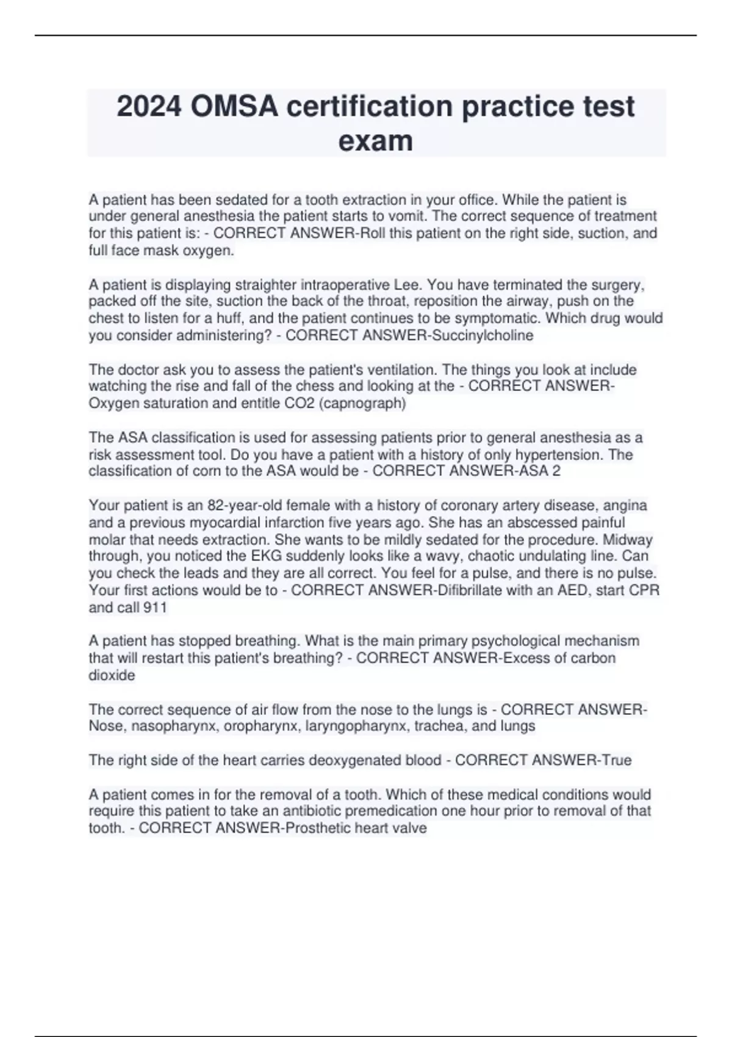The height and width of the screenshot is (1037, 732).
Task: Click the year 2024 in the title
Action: (149, 107)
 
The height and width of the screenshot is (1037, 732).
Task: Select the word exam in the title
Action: (375, 142)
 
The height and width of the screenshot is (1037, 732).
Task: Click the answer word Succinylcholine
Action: (483, 335)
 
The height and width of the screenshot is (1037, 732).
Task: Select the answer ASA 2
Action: (538, 471)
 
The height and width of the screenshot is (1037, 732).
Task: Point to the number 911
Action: (155, 608)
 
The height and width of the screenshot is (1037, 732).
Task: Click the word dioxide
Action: (112, 675)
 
